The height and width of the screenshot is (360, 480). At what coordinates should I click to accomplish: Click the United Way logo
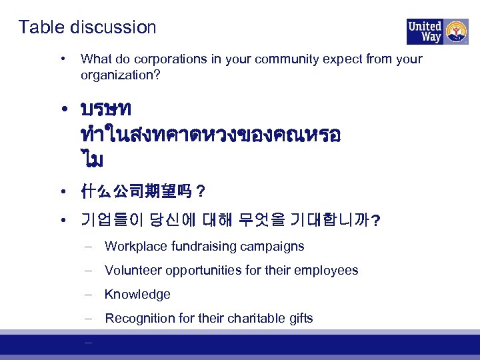pos(437,31)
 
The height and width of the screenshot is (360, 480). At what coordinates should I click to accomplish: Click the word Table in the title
pos(39,27)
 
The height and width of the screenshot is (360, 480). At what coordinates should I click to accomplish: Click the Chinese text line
pos(141,193)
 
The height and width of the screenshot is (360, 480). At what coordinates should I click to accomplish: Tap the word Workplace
pos(136,247)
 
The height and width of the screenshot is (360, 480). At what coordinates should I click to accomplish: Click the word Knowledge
pos(137,295)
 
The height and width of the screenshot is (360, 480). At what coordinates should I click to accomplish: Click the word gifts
pos(299,319)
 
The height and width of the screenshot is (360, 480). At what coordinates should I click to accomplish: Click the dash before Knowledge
pos(88,295)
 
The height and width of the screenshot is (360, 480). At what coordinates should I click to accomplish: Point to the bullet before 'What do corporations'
pos(61,59)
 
